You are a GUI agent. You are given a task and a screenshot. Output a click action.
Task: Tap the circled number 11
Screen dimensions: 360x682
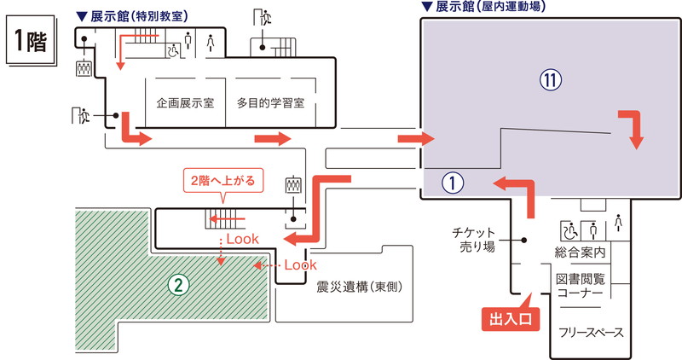[x=552, y=80]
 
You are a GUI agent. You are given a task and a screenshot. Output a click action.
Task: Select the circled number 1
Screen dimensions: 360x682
[x=452, y=181]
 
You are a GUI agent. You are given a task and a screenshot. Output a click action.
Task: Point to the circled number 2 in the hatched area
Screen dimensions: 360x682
[x=177, y=285]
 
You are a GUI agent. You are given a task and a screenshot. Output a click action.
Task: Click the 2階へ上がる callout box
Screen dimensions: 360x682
[x=223, y=181]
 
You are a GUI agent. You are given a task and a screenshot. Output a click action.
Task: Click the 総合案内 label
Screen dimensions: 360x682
[x=580, y=253]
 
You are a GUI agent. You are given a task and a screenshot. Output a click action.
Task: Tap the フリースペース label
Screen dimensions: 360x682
[x=591, y=331]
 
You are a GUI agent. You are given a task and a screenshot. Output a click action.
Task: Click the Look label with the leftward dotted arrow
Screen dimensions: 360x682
[x=299, y=265]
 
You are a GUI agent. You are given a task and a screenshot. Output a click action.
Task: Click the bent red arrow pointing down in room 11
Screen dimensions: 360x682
[x=633, y=129]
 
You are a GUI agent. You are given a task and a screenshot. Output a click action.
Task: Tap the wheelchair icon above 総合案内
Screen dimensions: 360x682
[x=568, y=229]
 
